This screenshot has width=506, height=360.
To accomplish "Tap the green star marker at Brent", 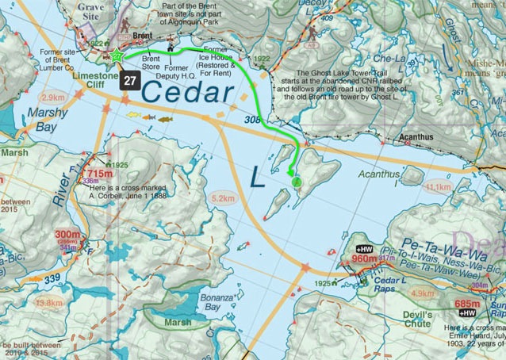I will click(115, 56).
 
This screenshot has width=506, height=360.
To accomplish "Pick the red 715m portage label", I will click(100, 174).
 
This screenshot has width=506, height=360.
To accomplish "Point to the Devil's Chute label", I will click(417, 319).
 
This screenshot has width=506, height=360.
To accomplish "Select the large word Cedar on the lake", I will click(188, 93).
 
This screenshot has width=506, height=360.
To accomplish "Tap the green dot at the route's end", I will click(297, 182).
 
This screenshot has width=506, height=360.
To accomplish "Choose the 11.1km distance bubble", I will click(438, 187).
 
